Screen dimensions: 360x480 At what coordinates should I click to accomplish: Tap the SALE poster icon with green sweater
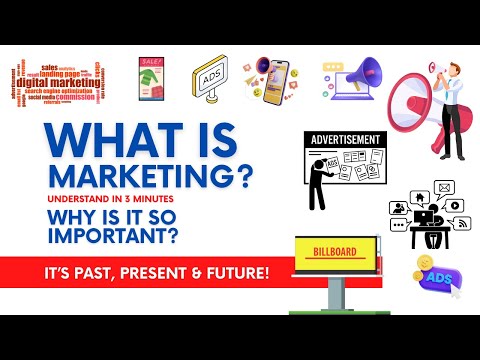(151, 76)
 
